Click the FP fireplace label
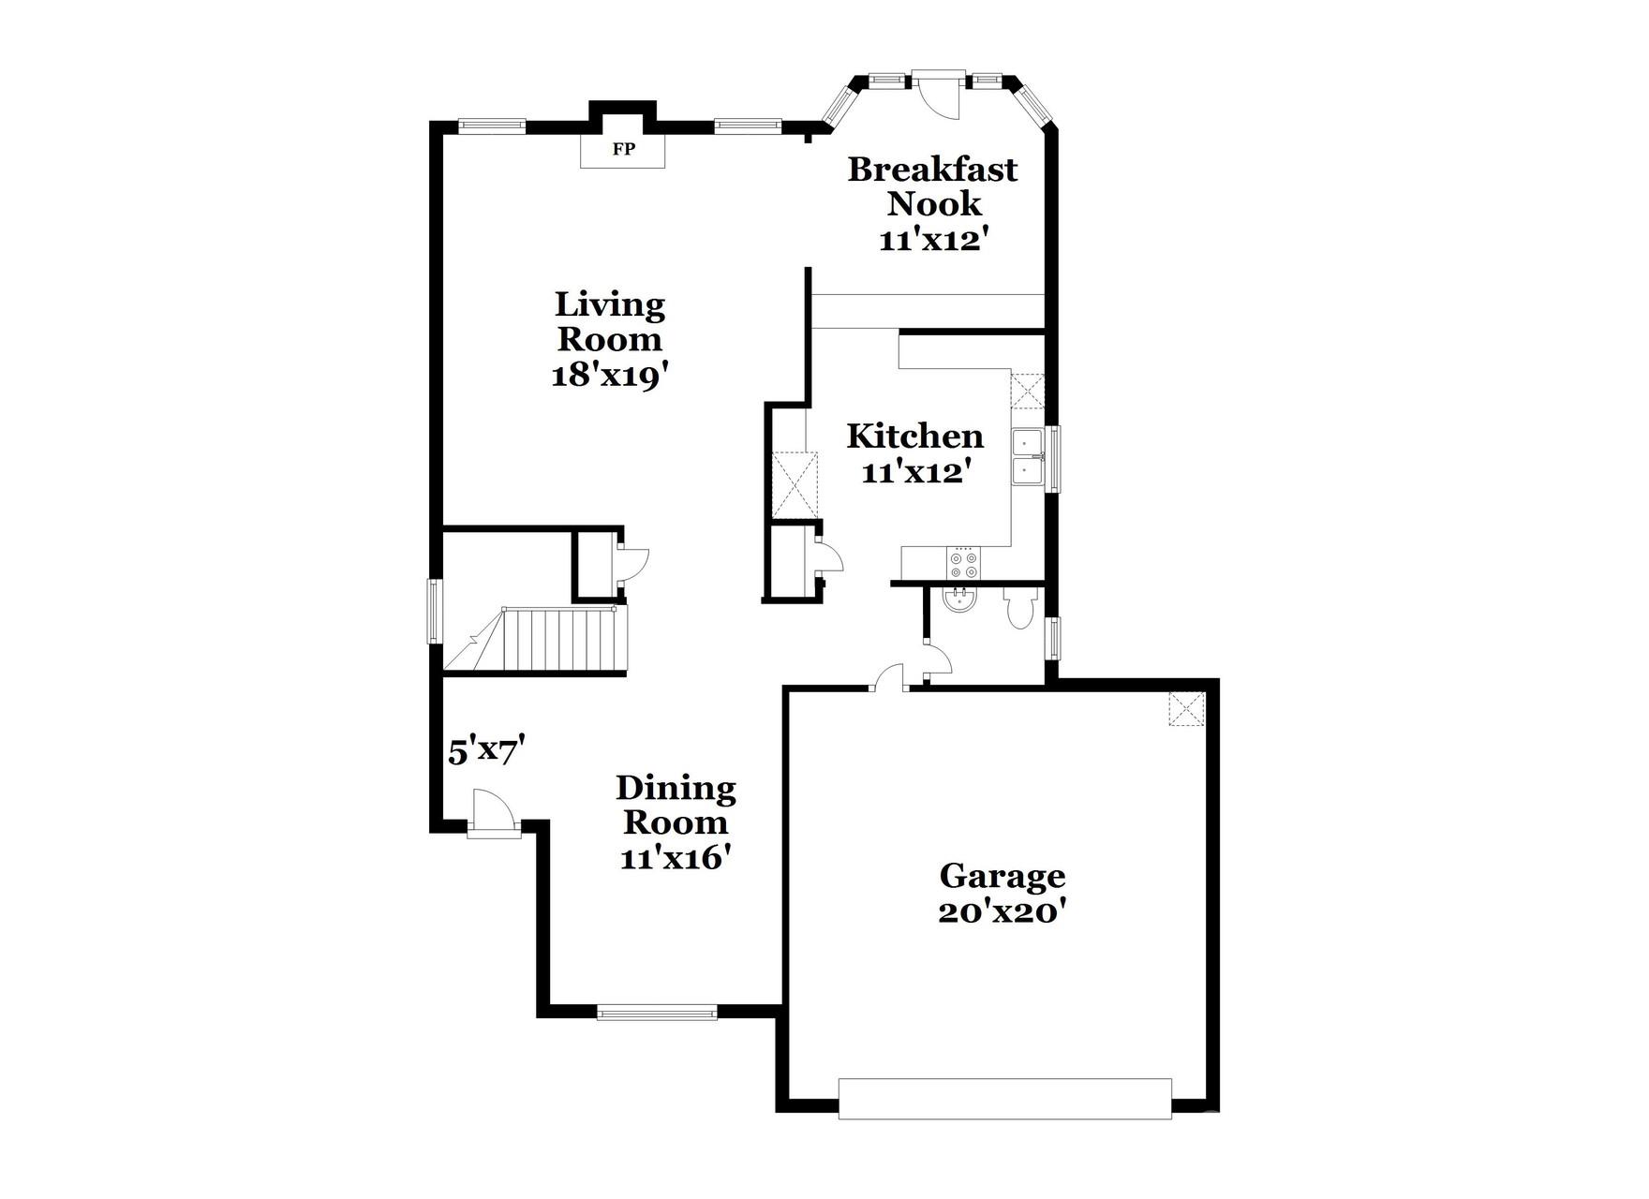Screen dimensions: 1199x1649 tap(623, 149)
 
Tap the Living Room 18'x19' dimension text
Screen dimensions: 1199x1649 tap(609, 376)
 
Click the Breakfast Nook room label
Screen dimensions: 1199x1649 tap(932, 185)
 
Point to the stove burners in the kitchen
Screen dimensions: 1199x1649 tap(963, 563)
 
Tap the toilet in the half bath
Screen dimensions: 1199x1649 tap(1018, 608)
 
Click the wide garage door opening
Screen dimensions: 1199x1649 tap(1004, 1099)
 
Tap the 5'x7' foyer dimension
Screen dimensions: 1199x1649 tap(484, 752)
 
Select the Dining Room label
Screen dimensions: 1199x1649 tap(676, 805)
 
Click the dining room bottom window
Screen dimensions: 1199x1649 tap(657, 1012)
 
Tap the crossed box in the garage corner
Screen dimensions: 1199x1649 tap(1186, 709)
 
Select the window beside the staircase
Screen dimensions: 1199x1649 tap(434, 611)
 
